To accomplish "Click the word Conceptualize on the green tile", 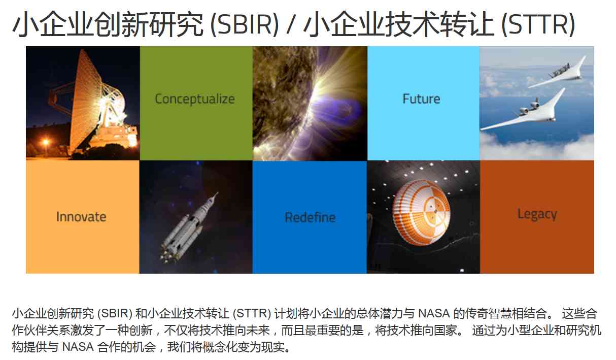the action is coord(195,100).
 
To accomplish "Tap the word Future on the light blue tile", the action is coord(421,99).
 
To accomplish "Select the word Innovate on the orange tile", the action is coord(81,217).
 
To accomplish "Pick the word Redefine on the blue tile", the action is coord(310,217).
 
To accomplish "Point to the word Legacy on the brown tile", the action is coord(537,215).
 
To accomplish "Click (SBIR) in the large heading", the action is coord(245,24).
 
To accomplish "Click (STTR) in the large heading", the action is coord(538,24).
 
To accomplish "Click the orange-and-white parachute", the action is coord(422,212).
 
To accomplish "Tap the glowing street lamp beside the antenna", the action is coord(46,143).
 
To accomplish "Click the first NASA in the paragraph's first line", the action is coord(434,313).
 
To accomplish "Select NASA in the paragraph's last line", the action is coord(78,347).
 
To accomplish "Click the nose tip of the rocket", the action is coord(218,192).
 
